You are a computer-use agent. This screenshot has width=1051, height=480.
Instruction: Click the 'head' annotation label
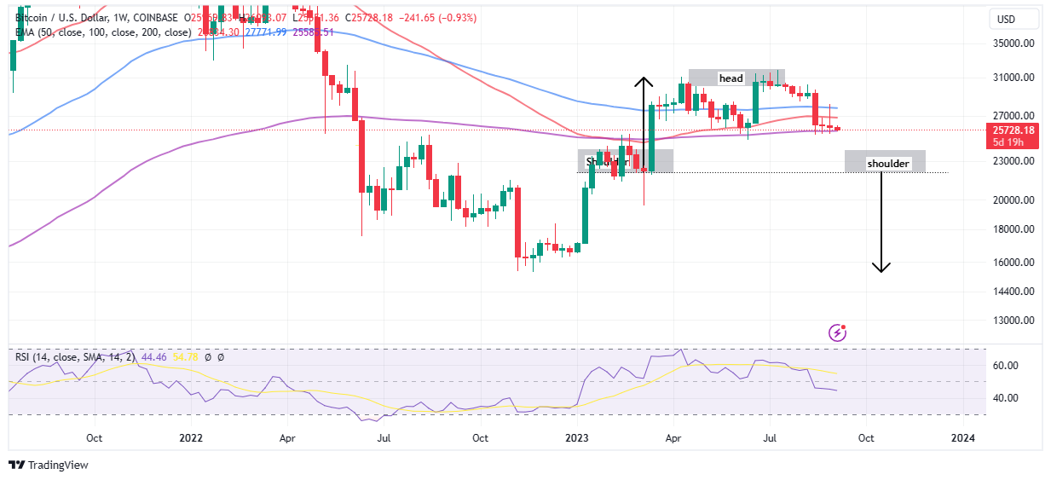point(731,78)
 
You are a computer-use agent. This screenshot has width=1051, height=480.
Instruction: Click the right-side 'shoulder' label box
point(887,163)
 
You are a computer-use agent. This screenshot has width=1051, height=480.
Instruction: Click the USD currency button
point(1013,19)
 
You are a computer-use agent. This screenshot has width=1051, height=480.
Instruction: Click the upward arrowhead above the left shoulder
point(644,82)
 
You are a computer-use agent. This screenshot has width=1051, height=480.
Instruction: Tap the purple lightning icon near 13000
point(837,333)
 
